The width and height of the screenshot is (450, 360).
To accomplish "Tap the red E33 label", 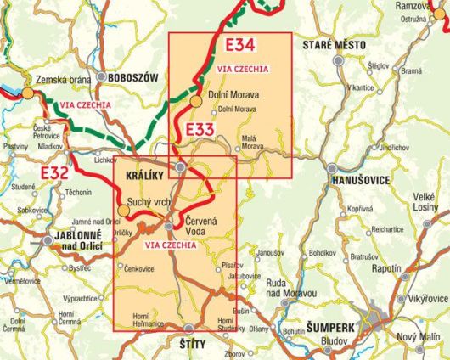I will point(200,128).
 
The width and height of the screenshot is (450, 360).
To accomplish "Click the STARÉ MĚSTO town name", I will point(336,44).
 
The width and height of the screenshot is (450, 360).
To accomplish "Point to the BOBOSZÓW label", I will point(133,77).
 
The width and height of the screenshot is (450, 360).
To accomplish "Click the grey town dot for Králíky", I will point(179,170).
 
